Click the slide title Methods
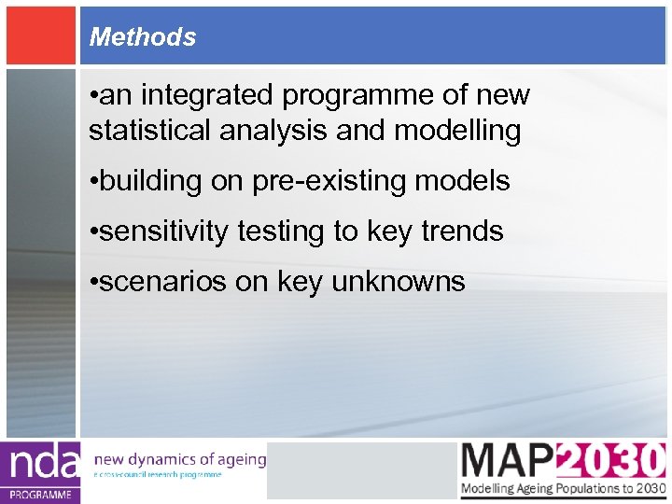click(x=142, y=37)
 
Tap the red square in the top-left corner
click(x=40, y=35)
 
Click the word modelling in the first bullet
click(x=457, y=131)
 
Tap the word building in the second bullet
click(x=150, y=181)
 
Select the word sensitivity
click(x=162, y=231)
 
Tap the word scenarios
click(x=162, y=282)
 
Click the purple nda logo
click(x=41, y=464)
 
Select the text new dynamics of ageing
click(x=180, y=459)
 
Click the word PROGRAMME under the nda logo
click(x=41, y=495)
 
